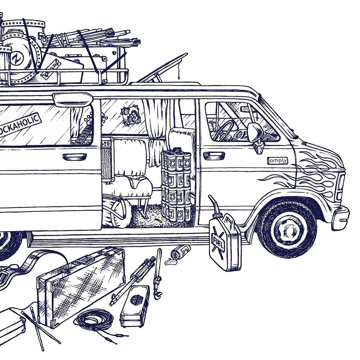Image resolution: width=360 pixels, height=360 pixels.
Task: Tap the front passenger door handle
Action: pyautogui.click(x=208, y=154)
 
